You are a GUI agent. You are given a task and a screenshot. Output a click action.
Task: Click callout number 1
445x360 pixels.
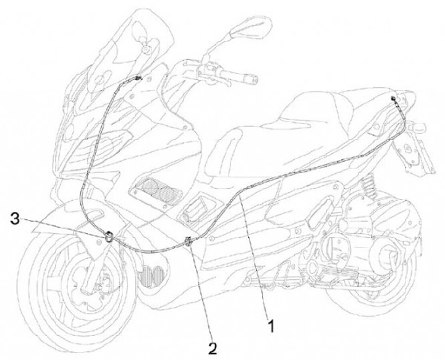pos(269,322)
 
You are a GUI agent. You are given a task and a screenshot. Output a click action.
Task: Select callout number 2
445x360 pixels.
pos(212,348)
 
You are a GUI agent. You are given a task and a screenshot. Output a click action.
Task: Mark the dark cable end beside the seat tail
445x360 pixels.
pos(393,99)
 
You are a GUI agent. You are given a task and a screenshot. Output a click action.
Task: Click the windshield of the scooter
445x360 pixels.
pos(124,43)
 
